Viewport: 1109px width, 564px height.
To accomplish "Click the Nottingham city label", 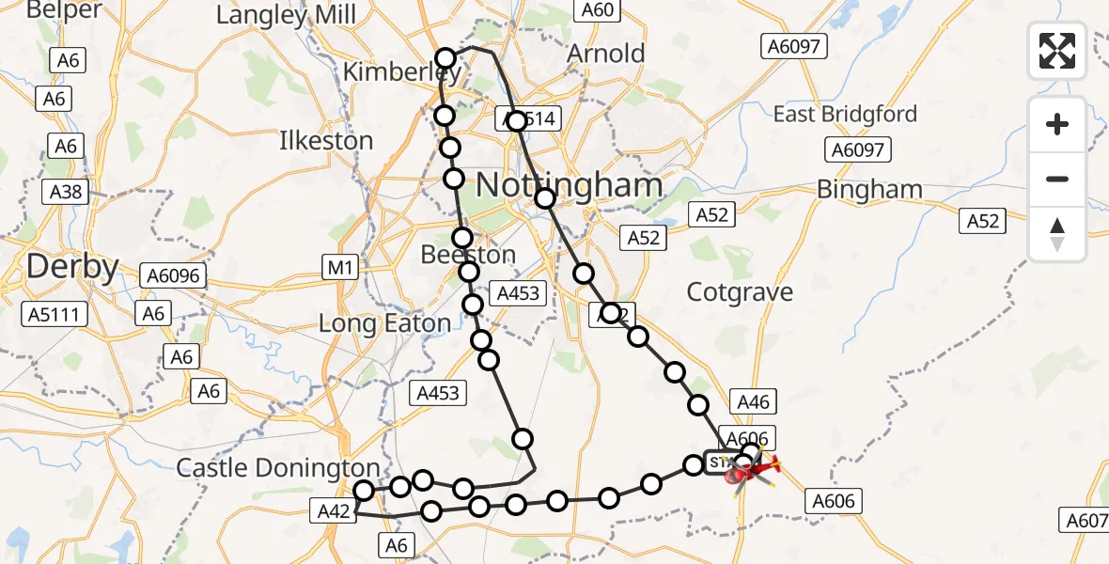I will pyautogui.click(x=570, y=185).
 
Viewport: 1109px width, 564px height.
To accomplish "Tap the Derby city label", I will pyautogui.click(x=72, y=267).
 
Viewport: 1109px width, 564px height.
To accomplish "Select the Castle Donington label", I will pyautogui.click(x=278, y=467).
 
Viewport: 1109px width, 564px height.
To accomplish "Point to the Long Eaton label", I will pyautogui.click(x=385, y=324).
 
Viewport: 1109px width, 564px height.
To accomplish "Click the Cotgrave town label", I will pyautogui.click(x=740, y=292).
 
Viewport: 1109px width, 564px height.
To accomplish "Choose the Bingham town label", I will pyautogui.click(x=869, y=190).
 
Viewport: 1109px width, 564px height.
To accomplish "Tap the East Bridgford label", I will pyautogui.click(x=845, y=115).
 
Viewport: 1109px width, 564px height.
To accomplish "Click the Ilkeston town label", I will pyautogui.click(x=326, y=141).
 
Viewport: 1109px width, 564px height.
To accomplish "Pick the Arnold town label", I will pyautogui.click(x=606, y=54).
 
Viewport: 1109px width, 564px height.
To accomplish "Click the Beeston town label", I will pyautogui.click(x=468, y=255).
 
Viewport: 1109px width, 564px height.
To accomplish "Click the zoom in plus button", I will pyautogui.click(x=1057, y=124).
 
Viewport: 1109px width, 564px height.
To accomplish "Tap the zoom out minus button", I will pyautogui.click(x=1057, y=179).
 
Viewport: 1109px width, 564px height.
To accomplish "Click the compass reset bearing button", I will pyautogui.click(x=1057, y=233).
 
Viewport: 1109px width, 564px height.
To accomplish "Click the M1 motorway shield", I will pyautogui.click(x=340, y=269).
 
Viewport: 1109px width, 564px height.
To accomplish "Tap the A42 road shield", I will pyautogui.click(x=334, y=511).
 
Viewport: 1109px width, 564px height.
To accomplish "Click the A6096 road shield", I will pyautogui.click(x=174, y=275).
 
